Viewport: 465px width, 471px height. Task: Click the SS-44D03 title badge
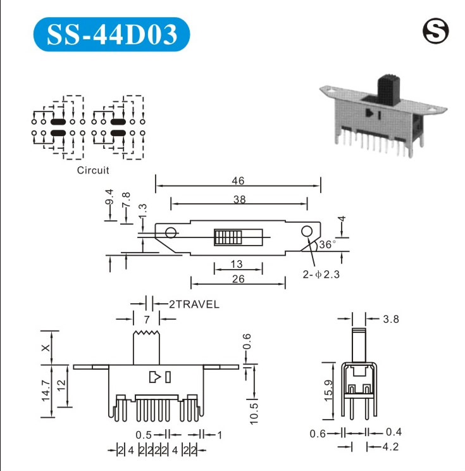click(x=111, y=34)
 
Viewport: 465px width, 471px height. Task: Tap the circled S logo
click(x=435, y=31)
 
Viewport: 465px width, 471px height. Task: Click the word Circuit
click(x=93, y=170)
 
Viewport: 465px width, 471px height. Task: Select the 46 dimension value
click(x=238, y=180)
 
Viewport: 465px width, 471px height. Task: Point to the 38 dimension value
click(x=240, y=199)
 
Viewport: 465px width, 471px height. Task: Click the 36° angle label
click(x=328, y=244)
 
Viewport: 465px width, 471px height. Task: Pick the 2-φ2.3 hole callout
click(x=321, y=274)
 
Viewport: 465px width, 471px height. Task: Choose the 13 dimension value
click(x=237, y=264)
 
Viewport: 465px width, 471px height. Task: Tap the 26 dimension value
click(x=239, y=279)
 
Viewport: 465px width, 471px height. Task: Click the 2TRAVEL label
click(x=194, y=305)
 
